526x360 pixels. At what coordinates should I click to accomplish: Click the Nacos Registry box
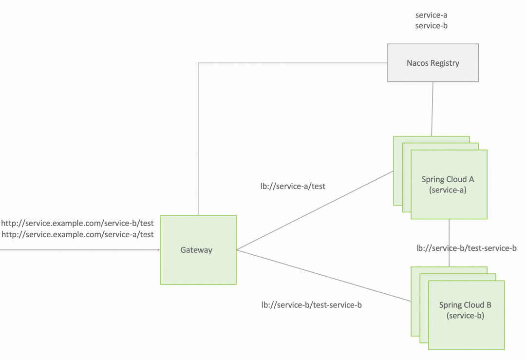(x=432, y=63)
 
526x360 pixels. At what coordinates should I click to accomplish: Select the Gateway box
(x=198, y=250)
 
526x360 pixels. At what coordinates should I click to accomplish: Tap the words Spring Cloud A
(x=448, y=179)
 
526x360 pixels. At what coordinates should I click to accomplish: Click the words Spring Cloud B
(x=465, y=305)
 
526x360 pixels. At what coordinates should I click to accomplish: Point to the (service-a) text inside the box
(x=448, y=190)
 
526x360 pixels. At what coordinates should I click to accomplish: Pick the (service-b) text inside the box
(x=465, y=316)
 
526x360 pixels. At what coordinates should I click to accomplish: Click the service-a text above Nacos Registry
(x=431, y=15)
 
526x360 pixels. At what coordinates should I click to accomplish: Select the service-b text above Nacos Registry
(x=431, y=25)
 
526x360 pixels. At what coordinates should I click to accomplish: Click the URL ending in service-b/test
(x=77, y=224)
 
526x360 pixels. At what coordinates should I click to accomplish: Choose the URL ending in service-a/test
(x=77, y=234)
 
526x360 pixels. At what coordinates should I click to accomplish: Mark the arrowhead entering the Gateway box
(x=158, y=250)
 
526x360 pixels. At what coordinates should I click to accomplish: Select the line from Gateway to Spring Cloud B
(x=321, y=274)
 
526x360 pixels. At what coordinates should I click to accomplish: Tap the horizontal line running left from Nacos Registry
(x=292, y=63)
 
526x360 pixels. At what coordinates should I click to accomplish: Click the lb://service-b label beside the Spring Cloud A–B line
(x=466, y=248)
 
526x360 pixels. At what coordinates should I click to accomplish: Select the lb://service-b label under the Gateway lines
(x=311, y=305)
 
